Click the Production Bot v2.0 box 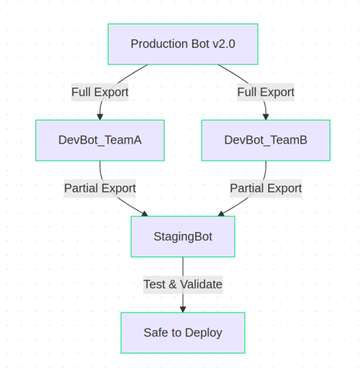(x=183, y=44)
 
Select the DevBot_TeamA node (x=100, y=140)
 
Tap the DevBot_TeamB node (x=265, y=140)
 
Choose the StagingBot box (x=183, y=237)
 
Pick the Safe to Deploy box (x=183, y=333)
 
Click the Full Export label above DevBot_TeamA (x=100, y=92)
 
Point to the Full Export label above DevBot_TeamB (x=265, y=92)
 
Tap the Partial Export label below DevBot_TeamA (x=100, y=188)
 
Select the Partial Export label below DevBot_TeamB (x=265, y=188)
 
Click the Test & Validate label (x=183, y=285)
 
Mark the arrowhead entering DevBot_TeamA (x=100, y=117)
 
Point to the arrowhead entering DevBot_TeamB (x=265, y=117)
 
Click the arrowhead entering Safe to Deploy (x=183, y=309)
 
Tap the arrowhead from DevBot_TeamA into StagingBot (x=145, y=214)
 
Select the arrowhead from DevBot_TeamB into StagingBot (x=221, y=214)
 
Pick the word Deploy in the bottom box (x=204, y=334)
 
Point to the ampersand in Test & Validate (x=172, y=285)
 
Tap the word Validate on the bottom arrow (x=201, y=285)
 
